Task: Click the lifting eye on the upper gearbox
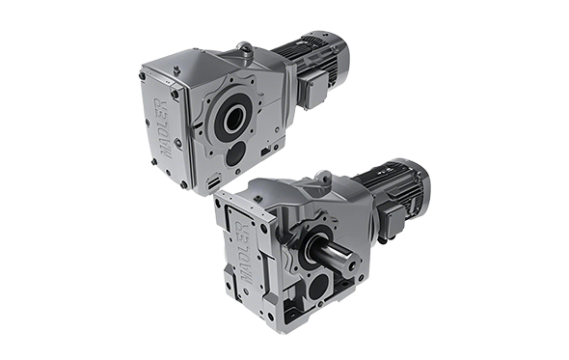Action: pyautogui.click(x=244, y=48)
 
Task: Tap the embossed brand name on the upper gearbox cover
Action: pyautogui.click(x=163, y=127)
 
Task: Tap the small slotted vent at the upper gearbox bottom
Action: pyautogui.click(x=213, y=182)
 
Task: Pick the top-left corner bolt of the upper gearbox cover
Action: pyautogui.click(x=143, y=76)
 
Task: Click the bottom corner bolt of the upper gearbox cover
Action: pyautogui.click(x=183, y=184)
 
